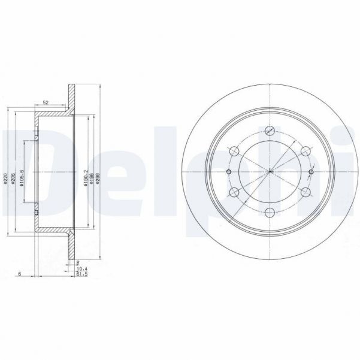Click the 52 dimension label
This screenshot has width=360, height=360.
click(46, 102)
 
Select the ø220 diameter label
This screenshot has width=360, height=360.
click(6, 177)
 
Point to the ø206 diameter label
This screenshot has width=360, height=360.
click(14, 177)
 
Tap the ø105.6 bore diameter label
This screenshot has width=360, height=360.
click(22, 177)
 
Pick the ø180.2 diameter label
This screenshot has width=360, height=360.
click(86, 177)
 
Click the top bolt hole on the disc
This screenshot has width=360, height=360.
click(271, 131)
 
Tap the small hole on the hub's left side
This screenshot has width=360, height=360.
click(230, 173)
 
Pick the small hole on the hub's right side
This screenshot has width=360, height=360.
click(311, 173)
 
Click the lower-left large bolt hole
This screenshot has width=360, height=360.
click(235, 193)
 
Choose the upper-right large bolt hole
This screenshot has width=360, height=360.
click(306, 152)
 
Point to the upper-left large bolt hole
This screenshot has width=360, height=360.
click(235, 152)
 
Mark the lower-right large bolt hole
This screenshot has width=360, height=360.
click(306, 193)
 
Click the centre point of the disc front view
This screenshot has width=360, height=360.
click(271, 173)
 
